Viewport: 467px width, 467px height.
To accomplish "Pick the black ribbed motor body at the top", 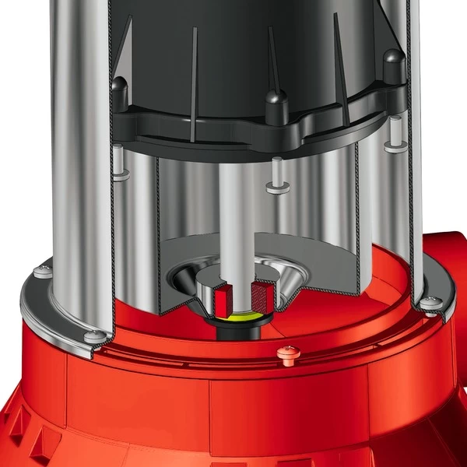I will (233, 39).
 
